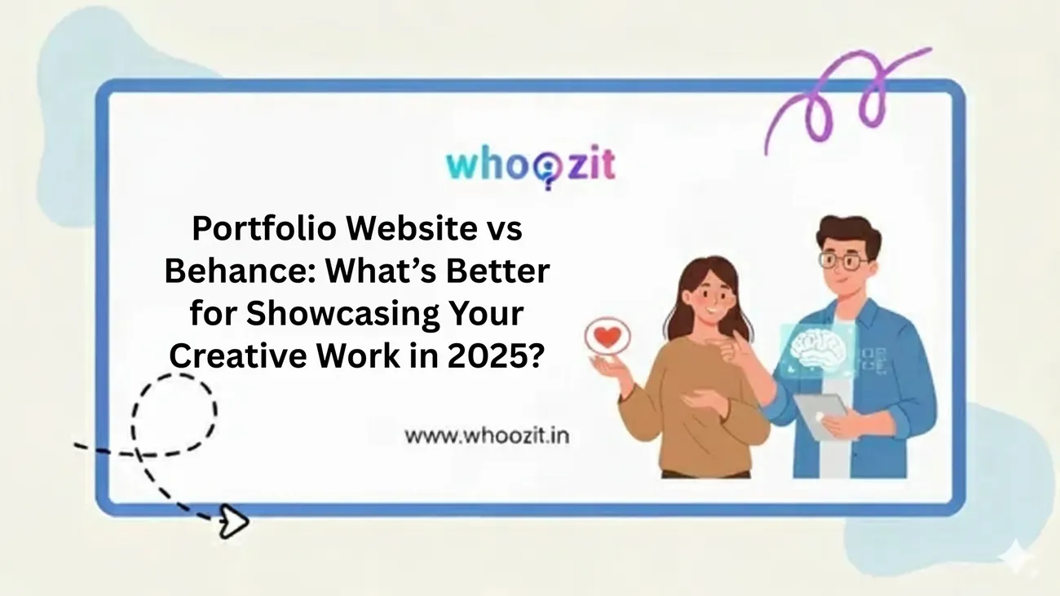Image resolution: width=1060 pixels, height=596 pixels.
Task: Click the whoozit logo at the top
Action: point(531,166)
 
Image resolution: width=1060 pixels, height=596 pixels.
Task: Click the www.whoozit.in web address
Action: point(487,435)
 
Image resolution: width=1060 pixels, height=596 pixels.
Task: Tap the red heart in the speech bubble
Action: point(607,336)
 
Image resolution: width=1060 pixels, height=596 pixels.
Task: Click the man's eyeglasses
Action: point(844,261)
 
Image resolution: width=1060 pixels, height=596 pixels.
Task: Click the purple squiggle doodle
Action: point(847,99)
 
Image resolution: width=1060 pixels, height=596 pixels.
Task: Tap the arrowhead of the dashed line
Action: point(234,521)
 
